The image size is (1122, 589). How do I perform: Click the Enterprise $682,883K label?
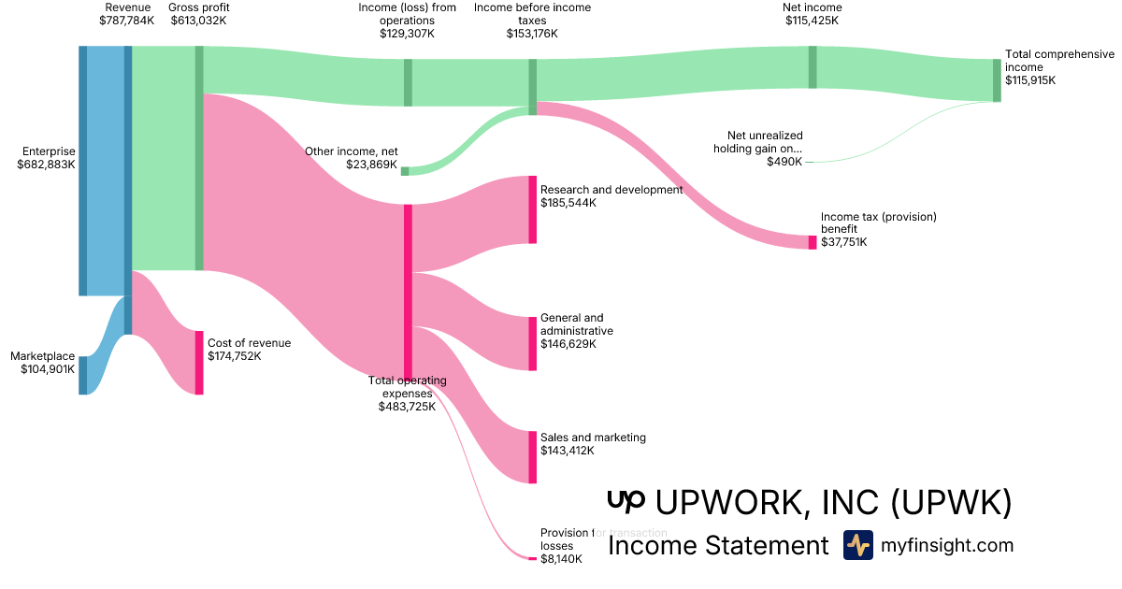point(46,157)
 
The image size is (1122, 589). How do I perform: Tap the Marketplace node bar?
point(82,375)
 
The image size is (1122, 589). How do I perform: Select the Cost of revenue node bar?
point(199,362)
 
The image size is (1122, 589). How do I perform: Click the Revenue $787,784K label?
point(127,14)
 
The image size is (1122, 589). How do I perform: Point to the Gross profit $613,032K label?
point(198,14)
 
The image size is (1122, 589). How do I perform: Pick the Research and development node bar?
point(533,209)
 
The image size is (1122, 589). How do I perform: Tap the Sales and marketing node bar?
point(533,457)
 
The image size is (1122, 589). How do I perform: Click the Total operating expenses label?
point(407,393)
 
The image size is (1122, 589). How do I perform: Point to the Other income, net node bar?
point(405,171)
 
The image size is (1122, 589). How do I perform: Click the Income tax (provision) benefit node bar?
point(813,242)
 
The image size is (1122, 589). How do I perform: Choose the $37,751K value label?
point(843,242)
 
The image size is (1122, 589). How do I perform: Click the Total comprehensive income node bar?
point(997,79)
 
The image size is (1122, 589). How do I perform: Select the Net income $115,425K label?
point(812,14)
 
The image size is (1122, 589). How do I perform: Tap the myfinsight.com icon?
point(857,545)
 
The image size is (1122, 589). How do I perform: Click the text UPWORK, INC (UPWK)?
point(834,503)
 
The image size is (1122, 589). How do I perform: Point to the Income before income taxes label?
point(532,20)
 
